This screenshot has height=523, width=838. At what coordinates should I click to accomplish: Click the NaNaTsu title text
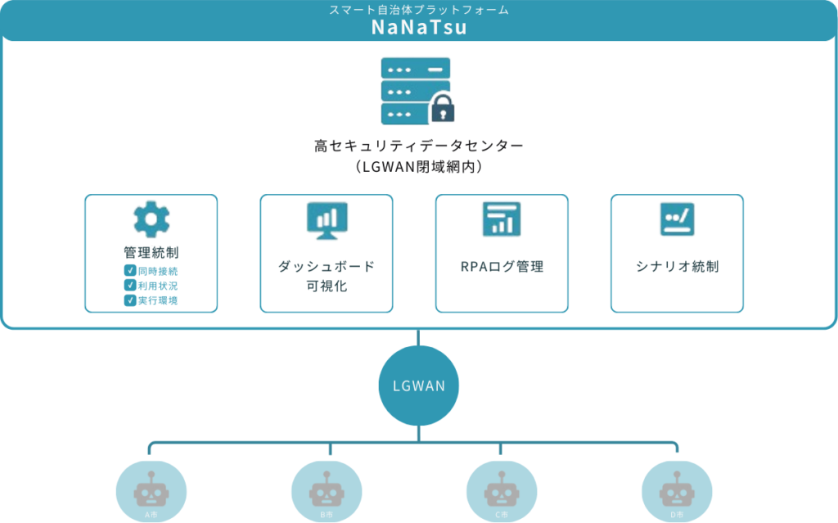point(418,28)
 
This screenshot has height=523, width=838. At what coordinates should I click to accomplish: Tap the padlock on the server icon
point(443,109)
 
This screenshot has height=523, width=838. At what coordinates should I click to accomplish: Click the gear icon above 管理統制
point(151,219)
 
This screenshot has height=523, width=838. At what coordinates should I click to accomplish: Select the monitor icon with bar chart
point(327,219)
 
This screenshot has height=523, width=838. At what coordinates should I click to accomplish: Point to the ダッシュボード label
point(326,267)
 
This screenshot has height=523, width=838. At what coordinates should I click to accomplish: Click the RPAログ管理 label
point(502,267)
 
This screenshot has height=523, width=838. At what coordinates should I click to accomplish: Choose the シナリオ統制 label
point(677,267)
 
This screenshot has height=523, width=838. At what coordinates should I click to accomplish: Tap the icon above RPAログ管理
point(501,219)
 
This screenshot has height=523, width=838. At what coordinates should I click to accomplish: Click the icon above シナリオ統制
point(677,219)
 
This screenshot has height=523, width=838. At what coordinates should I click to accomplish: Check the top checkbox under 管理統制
point(129,270)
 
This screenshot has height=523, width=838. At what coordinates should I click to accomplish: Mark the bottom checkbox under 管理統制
point(129,300)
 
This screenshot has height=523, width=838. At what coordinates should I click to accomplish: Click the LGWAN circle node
point(418,385)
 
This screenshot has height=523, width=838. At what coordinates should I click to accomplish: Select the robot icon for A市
point(151,492)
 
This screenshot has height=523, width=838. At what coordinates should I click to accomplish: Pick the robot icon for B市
point(326,492)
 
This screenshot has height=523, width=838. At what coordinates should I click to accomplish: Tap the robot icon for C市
point(501,492)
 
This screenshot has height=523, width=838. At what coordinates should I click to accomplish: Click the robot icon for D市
point(676,492)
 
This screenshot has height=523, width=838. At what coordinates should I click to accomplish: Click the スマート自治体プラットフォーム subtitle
point(418,10)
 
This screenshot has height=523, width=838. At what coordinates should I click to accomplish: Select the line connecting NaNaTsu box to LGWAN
point(418,336)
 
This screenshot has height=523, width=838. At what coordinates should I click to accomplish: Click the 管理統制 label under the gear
point(151,252)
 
